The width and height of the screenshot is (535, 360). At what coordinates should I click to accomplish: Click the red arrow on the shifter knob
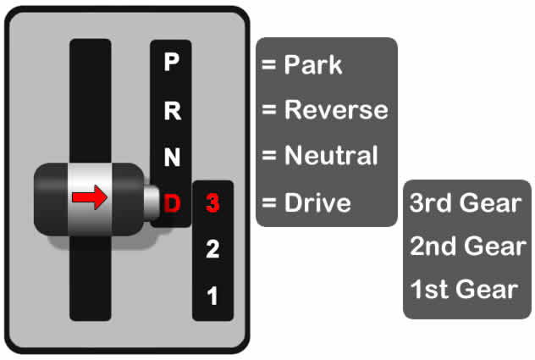click(89, 198)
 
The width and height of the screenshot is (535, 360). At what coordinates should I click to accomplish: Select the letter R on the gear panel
click(172, 109)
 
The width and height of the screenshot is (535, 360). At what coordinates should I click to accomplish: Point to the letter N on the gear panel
click(172, 156)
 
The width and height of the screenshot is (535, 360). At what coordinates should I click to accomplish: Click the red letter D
click(172, 203)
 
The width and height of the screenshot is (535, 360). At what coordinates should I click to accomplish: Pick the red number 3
click(212, 203)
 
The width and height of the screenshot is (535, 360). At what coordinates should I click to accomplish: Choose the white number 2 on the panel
click(212, 249)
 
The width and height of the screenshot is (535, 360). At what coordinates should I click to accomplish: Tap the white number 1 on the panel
click(212, 296)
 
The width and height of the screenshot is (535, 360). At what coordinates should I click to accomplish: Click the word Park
click(313, 64)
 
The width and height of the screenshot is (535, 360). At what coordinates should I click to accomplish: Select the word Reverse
click(336, 110)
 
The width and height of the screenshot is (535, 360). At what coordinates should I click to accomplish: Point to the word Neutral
click(331, 156)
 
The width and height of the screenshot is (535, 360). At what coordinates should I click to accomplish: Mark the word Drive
click(317, 203)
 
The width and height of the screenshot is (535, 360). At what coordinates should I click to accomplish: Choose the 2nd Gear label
click(466, 246)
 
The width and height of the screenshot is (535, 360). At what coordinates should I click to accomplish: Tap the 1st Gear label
click(464, 289)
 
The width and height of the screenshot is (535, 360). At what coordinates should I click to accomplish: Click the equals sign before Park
click(270, 65)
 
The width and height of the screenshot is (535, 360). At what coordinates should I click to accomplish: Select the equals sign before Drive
click(270, 203)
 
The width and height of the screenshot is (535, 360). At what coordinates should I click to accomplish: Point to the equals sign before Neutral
click(270, 157)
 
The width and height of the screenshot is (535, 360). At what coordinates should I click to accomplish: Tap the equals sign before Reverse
click(270, 111)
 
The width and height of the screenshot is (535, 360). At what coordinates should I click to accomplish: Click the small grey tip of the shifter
click(151, 202)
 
